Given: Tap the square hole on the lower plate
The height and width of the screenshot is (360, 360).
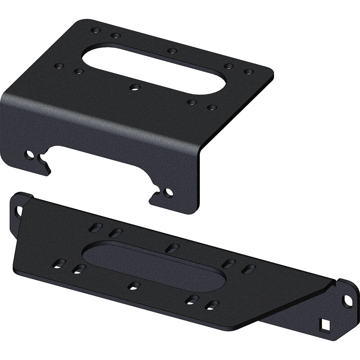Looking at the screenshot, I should (325, 323).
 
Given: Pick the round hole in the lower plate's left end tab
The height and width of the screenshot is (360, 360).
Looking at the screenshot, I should (19, 210).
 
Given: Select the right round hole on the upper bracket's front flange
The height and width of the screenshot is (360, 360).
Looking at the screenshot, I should (168, 193).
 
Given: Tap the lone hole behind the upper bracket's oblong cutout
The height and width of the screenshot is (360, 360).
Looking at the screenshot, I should (171, 50).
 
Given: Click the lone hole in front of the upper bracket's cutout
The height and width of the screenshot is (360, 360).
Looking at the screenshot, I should (133, 87).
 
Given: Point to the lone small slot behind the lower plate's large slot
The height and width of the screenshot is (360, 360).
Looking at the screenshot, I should (173, 247).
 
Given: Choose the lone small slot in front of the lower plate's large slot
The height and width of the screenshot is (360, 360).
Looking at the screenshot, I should (134, 286).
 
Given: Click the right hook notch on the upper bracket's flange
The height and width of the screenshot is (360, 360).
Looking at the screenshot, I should (155, 193).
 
